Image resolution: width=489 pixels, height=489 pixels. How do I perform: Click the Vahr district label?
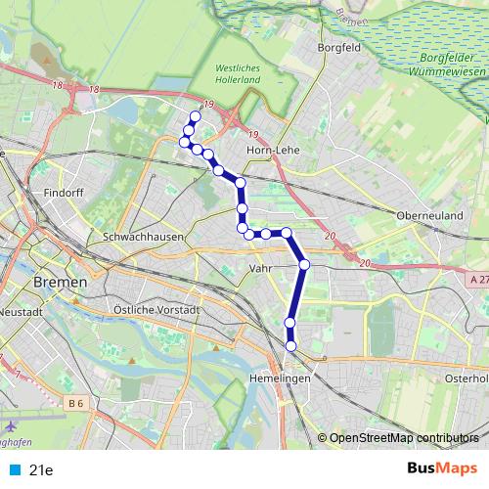(260, 268)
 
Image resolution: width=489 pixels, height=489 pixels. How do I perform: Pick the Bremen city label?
(60, 282)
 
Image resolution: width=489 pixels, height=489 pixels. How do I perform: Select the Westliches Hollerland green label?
(233, 74)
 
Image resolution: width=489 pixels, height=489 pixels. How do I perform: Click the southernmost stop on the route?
(290, 345)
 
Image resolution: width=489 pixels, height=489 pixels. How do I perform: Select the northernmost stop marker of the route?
(195, 116)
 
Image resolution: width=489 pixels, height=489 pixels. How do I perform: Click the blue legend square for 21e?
(14, 469)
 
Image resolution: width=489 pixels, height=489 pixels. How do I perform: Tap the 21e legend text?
(41, 469)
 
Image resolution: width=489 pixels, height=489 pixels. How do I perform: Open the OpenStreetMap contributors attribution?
(404, 437)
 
